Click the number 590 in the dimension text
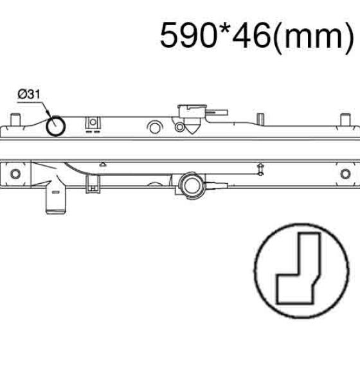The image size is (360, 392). pos(188,35)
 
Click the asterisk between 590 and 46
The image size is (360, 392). pos(224,29)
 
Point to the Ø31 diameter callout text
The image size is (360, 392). pos(29,94)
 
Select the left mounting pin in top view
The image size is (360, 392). pos(15,120)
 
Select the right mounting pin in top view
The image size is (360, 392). pos(345,120)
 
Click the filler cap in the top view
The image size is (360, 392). pos(192,112)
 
